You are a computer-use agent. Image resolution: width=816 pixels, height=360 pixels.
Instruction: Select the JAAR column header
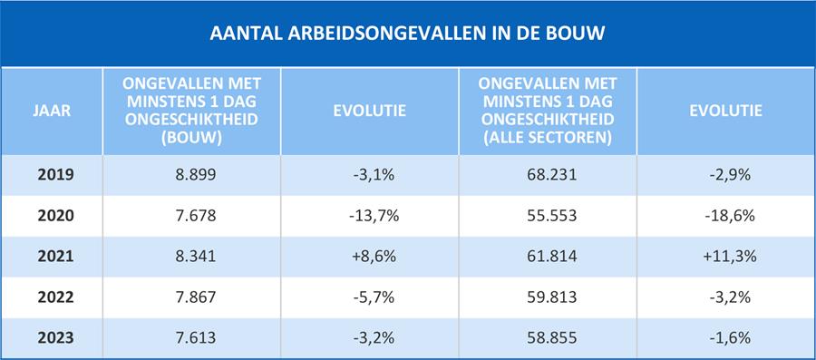click(52, 112)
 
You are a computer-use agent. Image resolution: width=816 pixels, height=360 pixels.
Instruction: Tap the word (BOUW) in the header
click(191, 139)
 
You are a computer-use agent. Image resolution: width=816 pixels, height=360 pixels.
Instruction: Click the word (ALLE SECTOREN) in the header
click(549, 139)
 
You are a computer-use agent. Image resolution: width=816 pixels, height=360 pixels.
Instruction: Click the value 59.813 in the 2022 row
click(549, 297)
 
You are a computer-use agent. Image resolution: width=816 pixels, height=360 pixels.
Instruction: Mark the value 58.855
click(549, 336)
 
